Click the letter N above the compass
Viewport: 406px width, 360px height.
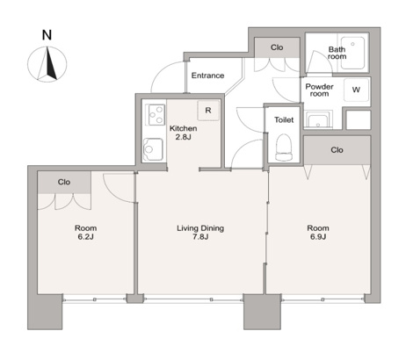point(47,35)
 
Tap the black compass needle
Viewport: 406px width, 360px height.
point(51,64)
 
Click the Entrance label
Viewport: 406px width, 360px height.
point(207,76)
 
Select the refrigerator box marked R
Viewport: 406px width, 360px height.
point(208,111)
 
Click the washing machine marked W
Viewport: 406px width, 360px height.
point(356,90)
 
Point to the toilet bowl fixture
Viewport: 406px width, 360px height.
point(284,148)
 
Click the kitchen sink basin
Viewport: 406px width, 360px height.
point(153,149)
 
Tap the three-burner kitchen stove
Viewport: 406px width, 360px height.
point(156,115)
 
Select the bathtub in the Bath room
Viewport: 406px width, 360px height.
point(352,53)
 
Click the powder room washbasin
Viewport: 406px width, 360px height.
point(317,120)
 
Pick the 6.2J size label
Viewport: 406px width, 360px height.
point(85,237)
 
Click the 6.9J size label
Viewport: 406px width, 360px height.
point(318,237)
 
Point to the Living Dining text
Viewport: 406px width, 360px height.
point(200,228)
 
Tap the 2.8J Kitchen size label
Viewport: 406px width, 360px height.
point(184,137)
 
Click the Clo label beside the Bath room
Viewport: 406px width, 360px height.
point(277,47)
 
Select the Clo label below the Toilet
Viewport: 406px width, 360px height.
point(337,150)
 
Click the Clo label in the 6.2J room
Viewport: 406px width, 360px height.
point(64,182)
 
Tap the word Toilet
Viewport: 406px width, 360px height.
point(284,119)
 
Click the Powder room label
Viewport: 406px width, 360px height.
point(319,90)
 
